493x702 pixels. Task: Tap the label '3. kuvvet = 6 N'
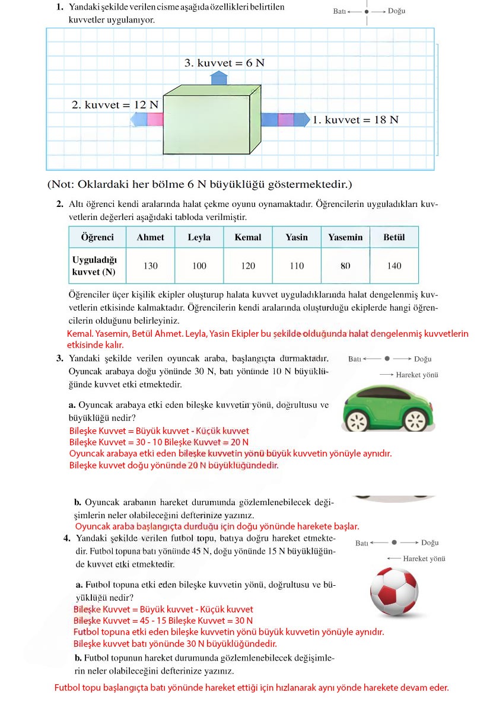tap(224, 63)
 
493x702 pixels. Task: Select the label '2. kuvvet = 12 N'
tap(115, 105)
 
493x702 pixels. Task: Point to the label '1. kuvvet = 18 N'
tap(356, 120)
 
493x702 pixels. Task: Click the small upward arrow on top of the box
tap(220, 77)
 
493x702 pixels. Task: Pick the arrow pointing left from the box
tap(147, 120)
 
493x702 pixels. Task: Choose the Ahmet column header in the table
tap(150, 237)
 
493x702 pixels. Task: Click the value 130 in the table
tap(151, 266)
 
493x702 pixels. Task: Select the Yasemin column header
tap(345, 237)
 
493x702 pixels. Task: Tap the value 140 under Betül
tap(394, 266)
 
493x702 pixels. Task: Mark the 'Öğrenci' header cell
tap(97, 237)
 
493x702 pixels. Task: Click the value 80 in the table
tap(345, 266)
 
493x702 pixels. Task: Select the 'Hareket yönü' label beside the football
tap(424, 559)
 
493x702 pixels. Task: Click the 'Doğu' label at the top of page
tap(396, 11)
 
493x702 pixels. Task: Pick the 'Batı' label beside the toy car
tap(355, 359)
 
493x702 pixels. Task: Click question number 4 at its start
tap(67, 538)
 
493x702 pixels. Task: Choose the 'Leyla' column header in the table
tap(199, 237)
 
